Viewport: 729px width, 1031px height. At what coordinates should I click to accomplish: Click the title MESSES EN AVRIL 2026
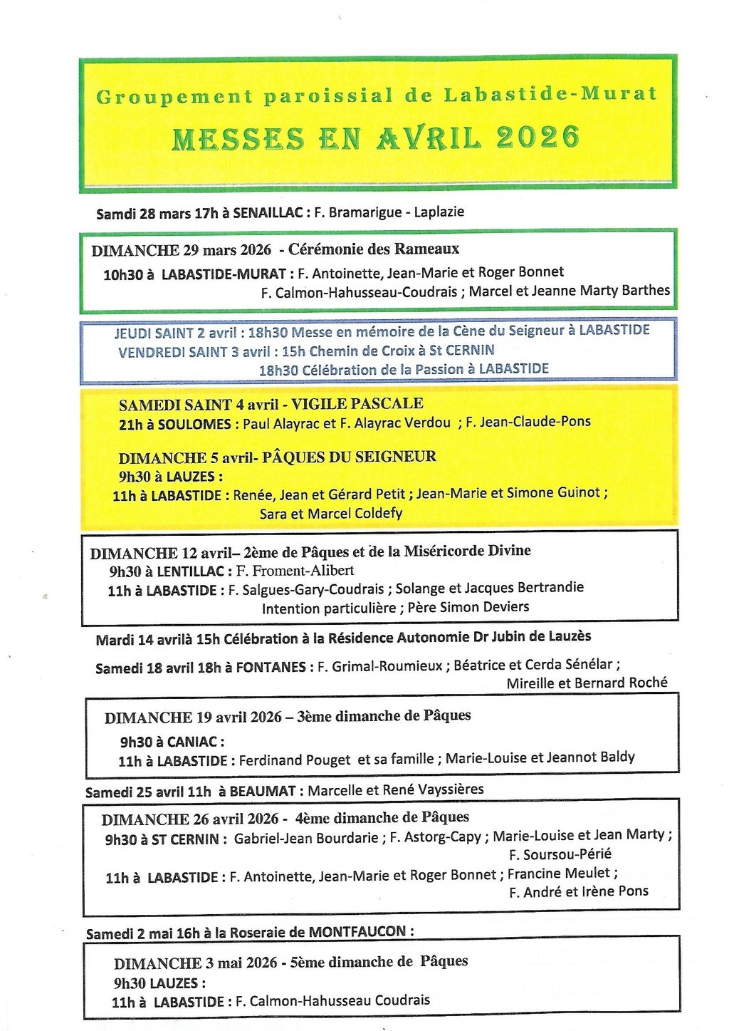376,138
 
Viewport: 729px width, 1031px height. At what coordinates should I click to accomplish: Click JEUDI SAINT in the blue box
154,333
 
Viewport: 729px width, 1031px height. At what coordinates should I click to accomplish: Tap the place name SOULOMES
194,424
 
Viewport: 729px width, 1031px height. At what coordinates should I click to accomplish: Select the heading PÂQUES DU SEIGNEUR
349,457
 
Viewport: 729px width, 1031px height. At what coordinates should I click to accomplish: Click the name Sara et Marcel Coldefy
331,513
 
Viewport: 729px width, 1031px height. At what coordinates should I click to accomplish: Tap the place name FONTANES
271,668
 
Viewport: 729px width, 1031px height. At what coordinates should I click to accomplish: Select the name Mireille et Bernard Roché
587,683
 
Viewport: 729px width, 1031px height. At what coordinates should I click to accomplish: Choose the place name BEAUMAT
262,791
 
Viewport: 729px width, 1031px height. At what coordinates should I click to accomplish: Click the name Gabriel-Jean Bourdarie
306,838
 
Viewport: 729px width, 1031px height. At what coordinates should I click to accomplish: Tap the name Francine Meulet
559,874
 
